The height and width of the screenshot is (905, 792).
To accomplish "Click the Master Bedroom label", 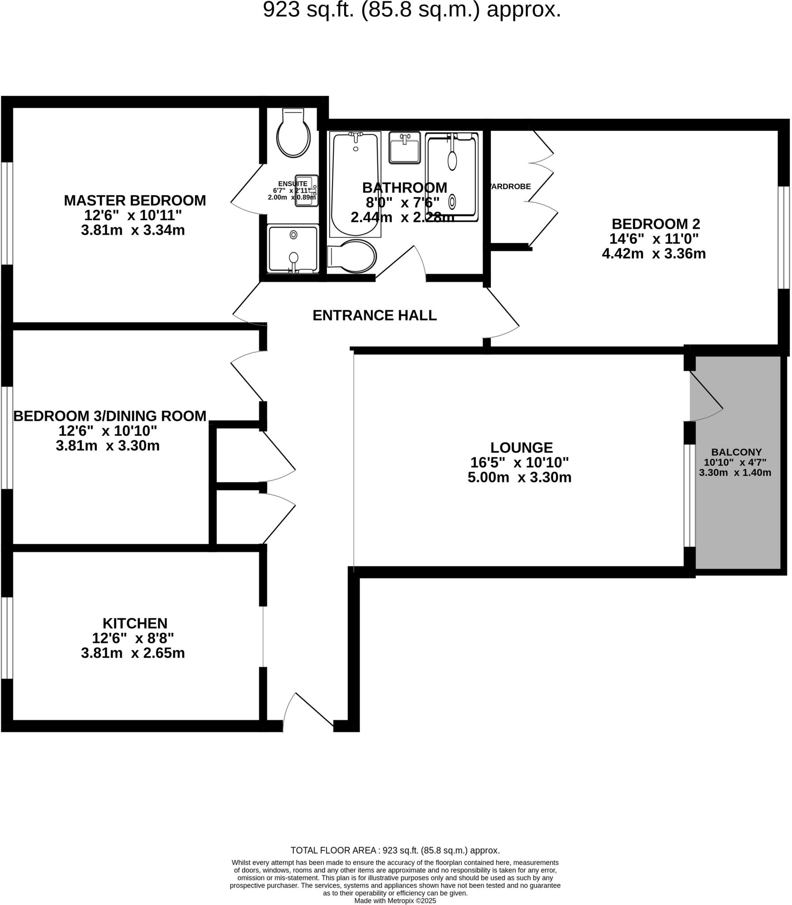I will pyautogui.click(x=135, y=200).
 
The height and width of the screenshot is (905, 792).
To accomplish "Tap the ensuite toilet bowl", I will pyautogui.click(x=293, y=137).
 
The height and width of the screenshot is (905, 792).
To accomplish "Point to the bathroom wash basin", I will pyautogui.click(x=405, y=148).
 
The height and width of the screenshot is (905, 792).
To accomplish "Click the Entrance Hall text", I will pyautogui.click(x=374, y=315).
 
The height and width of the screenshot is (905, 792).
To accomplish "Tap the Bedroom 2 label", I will pyautogui.click(x=656, y=224).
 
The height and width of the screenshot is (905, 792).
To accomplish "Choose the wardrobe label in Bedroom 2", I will pyautogui.click(x=511, y=186).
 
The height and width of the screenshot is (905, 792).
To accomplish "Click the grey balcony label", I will pyautogui.click(x=736, y=452).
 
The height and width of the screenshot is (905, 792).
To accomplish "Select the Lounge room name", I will pyautogui.click(x=522, y=447).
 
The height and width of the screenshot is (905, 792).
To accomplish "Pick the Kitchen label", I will pyautogui.click(x=135, y=624).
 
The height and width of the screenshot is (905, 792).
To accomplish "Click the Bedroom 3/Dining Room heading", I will pyautogui.click(x=110, y=416).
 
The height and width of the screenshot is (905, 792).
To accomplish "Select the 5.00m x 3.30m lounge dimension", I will pyautogui.click(x=519, y=478).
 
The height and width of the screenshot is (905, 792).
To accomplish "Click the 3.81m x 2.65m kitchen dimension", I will pyautogui.click(x=133, y=653).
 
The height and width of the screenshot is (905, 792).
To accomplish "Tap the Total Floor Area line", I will pyautogui.click(x=395, y=850).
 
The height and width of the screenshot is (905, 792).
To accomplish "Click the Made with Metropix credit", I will pyautogui.click(x=395, y=901).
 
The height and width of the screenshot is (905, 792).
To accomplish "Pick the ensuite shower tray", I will pyautogui.click(x=293, y=248).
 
